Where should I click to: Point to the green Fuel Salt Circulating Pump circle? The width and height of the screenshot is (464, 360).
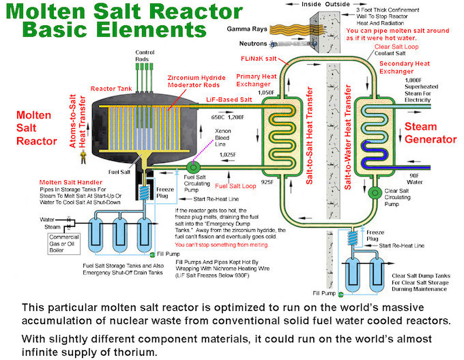[194, 166]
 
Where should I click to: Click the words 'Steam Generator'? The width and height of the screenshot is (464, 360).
[430, 133]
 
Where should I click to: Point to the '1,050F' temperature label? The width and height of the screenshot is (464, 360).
[266, 92]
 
